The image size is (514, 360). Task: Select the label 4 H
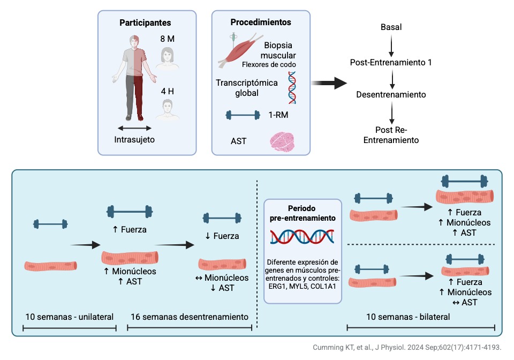[x=168, y=91]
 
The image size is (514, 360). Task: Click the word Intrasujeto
[x=134, y=140]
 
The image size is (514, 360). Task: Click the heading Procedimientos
[x=261, y=22]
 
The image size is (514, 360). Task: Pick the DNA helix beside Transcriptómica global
[x=292, y=87]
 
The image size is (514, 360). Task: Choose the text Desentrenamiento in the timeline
[x=391, y=95]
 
